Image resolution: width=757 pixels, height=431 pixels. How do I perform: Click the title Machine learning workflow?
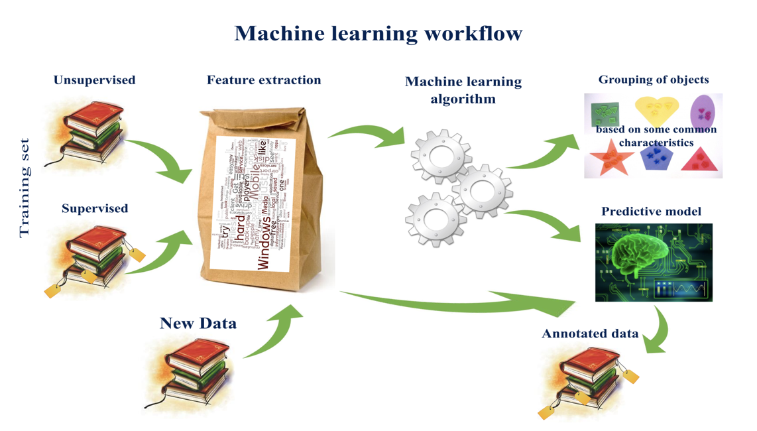[x=378, y=33]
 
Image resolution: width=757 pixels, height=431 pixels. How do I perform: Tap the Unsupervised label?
[x=94, y=80]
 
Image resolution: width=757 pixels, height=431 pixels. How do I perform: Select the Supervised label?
[x=95, y=208]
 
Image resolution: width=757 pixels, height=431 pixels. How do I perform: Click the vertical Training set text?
[x=25, y=188]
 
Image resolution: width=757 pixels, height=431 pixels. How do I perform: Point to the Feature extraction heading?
[x=264, y=80]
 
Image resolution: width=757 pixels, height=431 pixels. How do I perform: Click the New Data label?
[x=198, y=323]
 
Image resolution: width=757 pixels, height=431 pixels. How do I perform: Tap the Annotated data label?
[x=590, y=334]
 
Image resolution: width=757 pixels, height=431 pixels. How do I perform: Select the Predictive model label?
[x=651, y=212]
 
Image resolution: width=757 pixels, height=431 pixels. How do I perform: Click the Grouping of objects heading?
[x=653, y=80]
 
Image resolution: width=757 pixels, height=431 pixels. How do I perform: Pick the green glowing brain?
[x=636, y=255]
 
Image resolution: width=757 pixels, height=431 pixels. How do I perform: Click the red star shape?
[x=609, y=157]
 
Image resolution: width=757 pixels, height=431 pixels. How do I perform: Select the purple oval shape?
[x=703, y=111]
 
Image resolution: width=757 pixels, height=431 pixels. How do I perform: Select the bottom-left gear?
[x=435, y=219]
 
